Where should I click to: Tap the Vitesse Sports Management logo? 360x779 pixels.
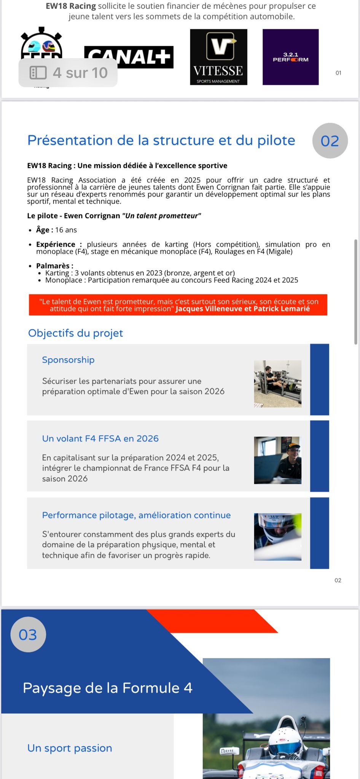point(218,57)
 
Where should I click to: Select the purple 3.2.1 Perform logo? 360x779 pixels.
point(290,57)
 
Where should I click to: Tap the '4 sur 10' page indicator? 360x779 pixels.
point(68,73)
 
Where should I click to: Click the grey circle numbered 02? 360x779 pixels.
point(330,141)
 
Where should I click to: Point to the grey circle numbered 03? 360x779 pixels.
point(28,634)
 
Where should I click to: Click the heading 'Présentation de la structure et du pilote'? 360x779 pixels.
point(161,140)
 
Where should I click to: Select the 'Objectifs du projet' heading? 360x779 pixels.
point(75,333)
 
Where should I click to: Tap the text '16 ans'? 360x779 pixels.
point(66,230)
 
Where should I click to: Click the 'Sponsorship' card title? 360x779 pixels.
point(68,360)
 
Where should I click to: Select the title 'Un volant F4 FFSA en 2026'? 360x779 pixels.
point(100,439)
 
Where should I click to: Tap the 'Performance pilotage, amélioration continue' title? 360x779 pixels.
point(136,515)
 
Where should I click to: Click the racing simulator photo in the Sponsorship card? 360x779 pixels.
point(277,384)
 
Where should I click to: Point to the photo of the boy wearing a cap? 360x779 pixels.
point(277,460)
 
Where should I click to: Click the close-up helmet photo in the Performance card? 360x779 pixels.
point(277,537)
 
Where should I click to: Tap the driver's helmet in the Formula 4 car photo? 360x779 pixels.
point(284,739)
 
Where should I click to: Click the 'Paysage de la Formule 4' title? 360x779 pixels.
point(107,688)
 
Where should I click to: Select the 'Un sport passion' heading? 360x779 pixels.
point(70,748)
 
